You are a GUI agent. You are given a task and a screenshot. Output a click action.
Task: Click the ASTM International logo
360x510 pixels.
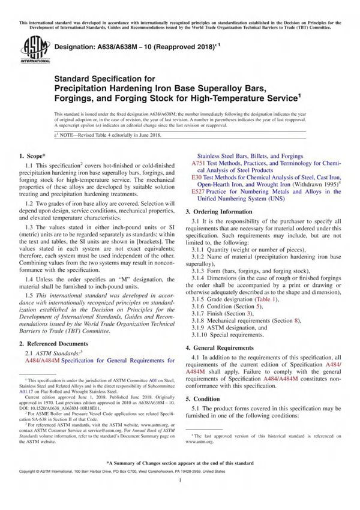pyautogui.click(x=31, y=49)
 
